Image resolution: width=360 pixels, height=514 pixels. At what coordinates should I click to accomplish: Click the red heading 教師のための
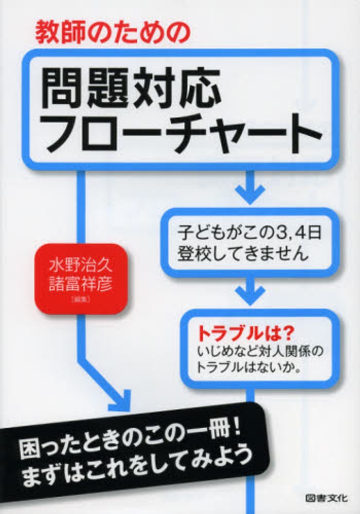(x=113, y=33)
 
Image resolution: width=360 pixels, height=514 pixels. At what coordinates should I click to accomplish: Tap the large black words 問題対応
(x=130, y=88)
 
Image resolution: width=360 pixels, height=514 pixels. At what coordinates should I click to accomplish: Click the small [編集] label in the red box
(x=80, y=299)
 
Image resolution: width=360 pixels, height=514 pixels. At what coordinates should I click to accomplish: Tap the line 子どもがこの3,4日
(x=249, y=233)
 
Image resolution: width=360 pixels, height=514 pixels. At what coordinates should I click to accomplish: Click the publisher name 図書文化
(x=327, y=498)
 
